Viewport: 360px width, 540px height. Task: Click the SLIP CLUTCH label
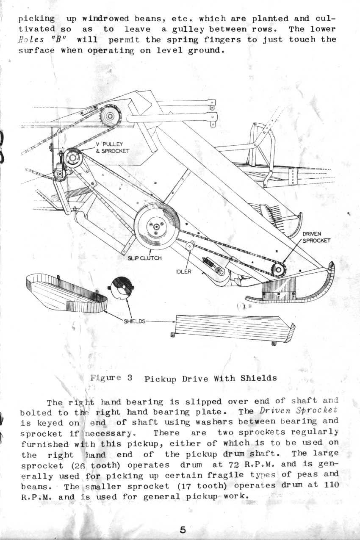tap(144, 258)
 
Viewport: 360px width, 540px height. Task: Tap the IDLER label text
tap(184, 272)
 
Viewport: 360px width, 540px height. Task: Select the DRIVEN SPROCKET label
tap(316, 237)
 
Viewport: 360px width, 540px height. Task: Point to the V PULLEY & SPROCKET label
tap(113, 148)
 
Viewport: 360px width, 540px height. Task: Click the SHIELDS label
tap(135, 321)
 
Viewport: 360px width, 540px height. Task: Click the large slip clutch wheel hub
tap(157, 227)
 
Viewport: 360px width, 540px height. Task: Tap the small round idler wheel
tap(190, 246)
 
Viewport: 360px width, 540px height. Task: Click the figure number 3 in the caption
tap(130, 377)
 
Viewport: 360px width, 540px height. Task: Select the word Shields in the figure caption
tap(258, 378)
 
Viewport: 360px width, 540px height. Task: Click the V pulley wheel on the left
tap(72, 158)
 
